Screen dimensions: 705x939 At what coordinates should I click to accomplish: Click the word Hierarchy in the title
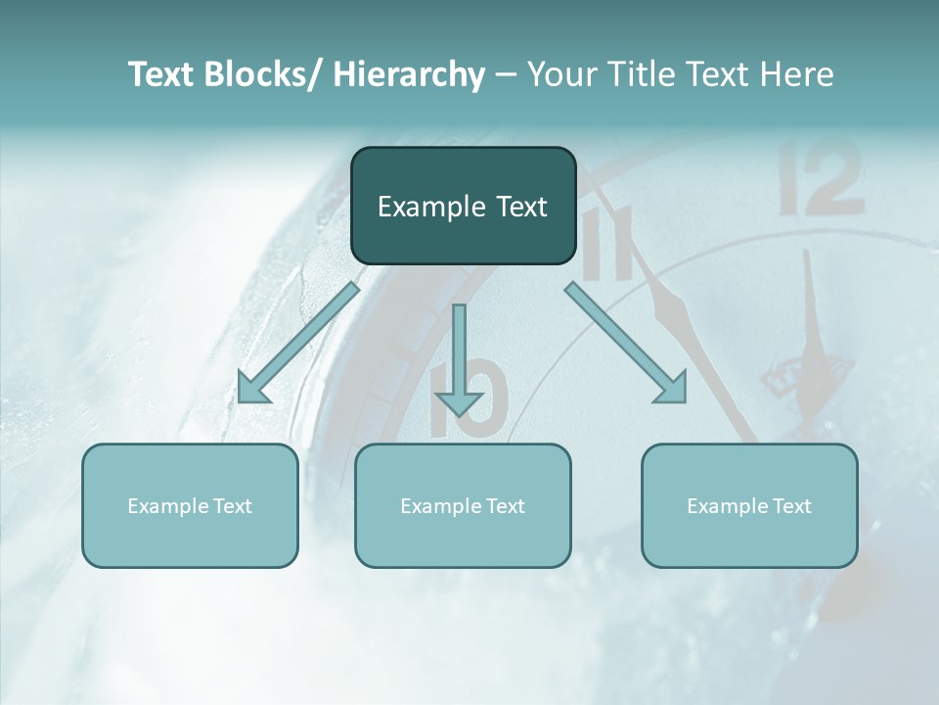[x=409, y=74]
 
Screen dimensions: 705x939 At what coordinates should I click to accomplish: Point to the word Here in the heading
[x=799, y=74]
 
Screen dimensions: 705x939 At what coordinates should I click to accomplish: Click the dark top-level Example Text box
[x=463, y=206]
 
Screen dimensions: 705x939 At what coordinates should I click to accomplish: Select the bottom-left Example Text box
[x=190, y=505]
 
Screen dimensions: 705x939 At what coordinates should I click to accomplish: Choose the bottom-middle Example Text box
[x=463, y=505]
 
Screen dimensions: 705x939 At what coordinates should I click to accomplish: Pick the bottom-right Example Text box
[x=749, y=505]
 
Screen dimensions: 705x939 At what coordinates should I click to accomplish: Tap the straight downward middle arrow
[x=460, y=357]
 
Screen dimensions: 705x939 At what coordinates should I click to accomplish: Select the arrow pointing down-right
[x=626, y=343]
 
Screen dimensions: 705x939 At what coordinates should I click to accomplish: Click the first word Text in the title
[x=163, y=74]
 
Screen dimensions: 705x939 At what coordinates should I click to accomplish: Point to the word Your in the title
[x=559, y=74]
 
